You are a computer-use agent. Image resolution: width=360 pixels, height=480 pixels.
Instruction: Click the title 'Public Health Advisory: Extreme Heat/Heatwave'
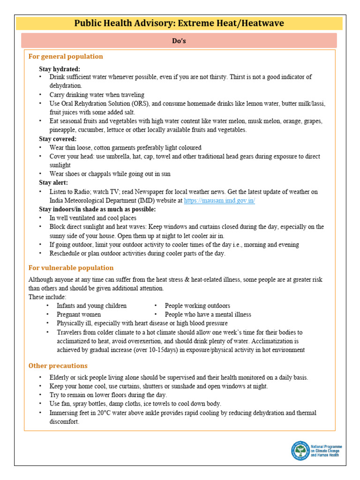(179, 23)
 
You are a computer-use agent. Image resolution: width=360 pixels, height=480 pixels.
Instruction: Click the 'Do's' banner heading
(179, 41)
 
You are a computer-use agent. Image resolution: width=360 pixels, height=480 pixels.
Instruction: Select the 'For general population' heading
(66, 56)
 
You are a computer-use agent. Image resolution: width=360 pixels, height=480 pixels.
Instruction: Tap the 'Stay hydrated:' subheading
(60, 68)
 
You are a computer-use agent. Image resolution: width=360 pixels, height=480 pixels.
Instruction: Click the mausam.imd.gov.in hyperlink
(219, 200)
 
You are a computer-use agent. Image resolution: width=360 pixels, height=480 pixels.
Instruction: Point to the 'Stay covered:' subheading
(58, 139)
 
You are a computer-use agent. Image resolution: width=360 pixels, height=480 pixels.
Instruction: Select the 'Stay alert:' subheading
(53, 182)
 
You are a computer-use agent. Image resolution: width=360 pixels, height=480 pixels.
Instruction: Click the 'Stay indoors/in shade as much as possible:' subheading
(97, 209)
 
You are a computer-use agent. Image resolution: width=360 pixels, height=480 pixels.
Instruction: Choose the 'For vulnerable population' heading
(71, 268)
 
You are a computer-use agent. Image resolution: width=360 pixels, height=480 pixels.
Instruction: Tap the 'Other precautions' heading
(58, 366)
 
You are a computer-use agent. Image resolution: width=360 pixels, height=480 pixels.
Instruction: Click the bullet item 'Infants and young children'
(91, 306)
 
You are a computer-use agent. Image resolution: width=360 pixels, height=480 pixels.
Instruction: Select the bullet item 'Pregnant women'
(79, 315)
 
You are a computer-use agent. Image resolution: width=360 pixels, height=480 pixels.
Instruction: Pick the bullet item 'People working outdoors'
(197, 306)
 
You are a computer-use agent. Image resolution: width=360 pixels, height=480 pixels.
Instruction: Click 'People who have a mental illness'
(208, 315)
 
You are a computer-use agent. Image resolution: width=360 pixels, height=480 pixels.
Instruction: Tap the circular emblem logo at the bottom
(300, 450)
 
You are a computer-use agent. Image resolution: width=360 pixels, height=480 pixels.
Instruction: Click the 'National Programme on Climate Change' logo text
(327, 450)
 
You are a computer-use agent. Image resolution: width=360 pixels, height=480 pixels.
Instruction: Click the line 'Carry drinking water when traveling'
(97, 95)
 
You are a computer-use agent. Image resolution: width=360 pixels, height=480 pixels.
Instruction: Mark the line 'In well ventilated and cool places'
(93, 218)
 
